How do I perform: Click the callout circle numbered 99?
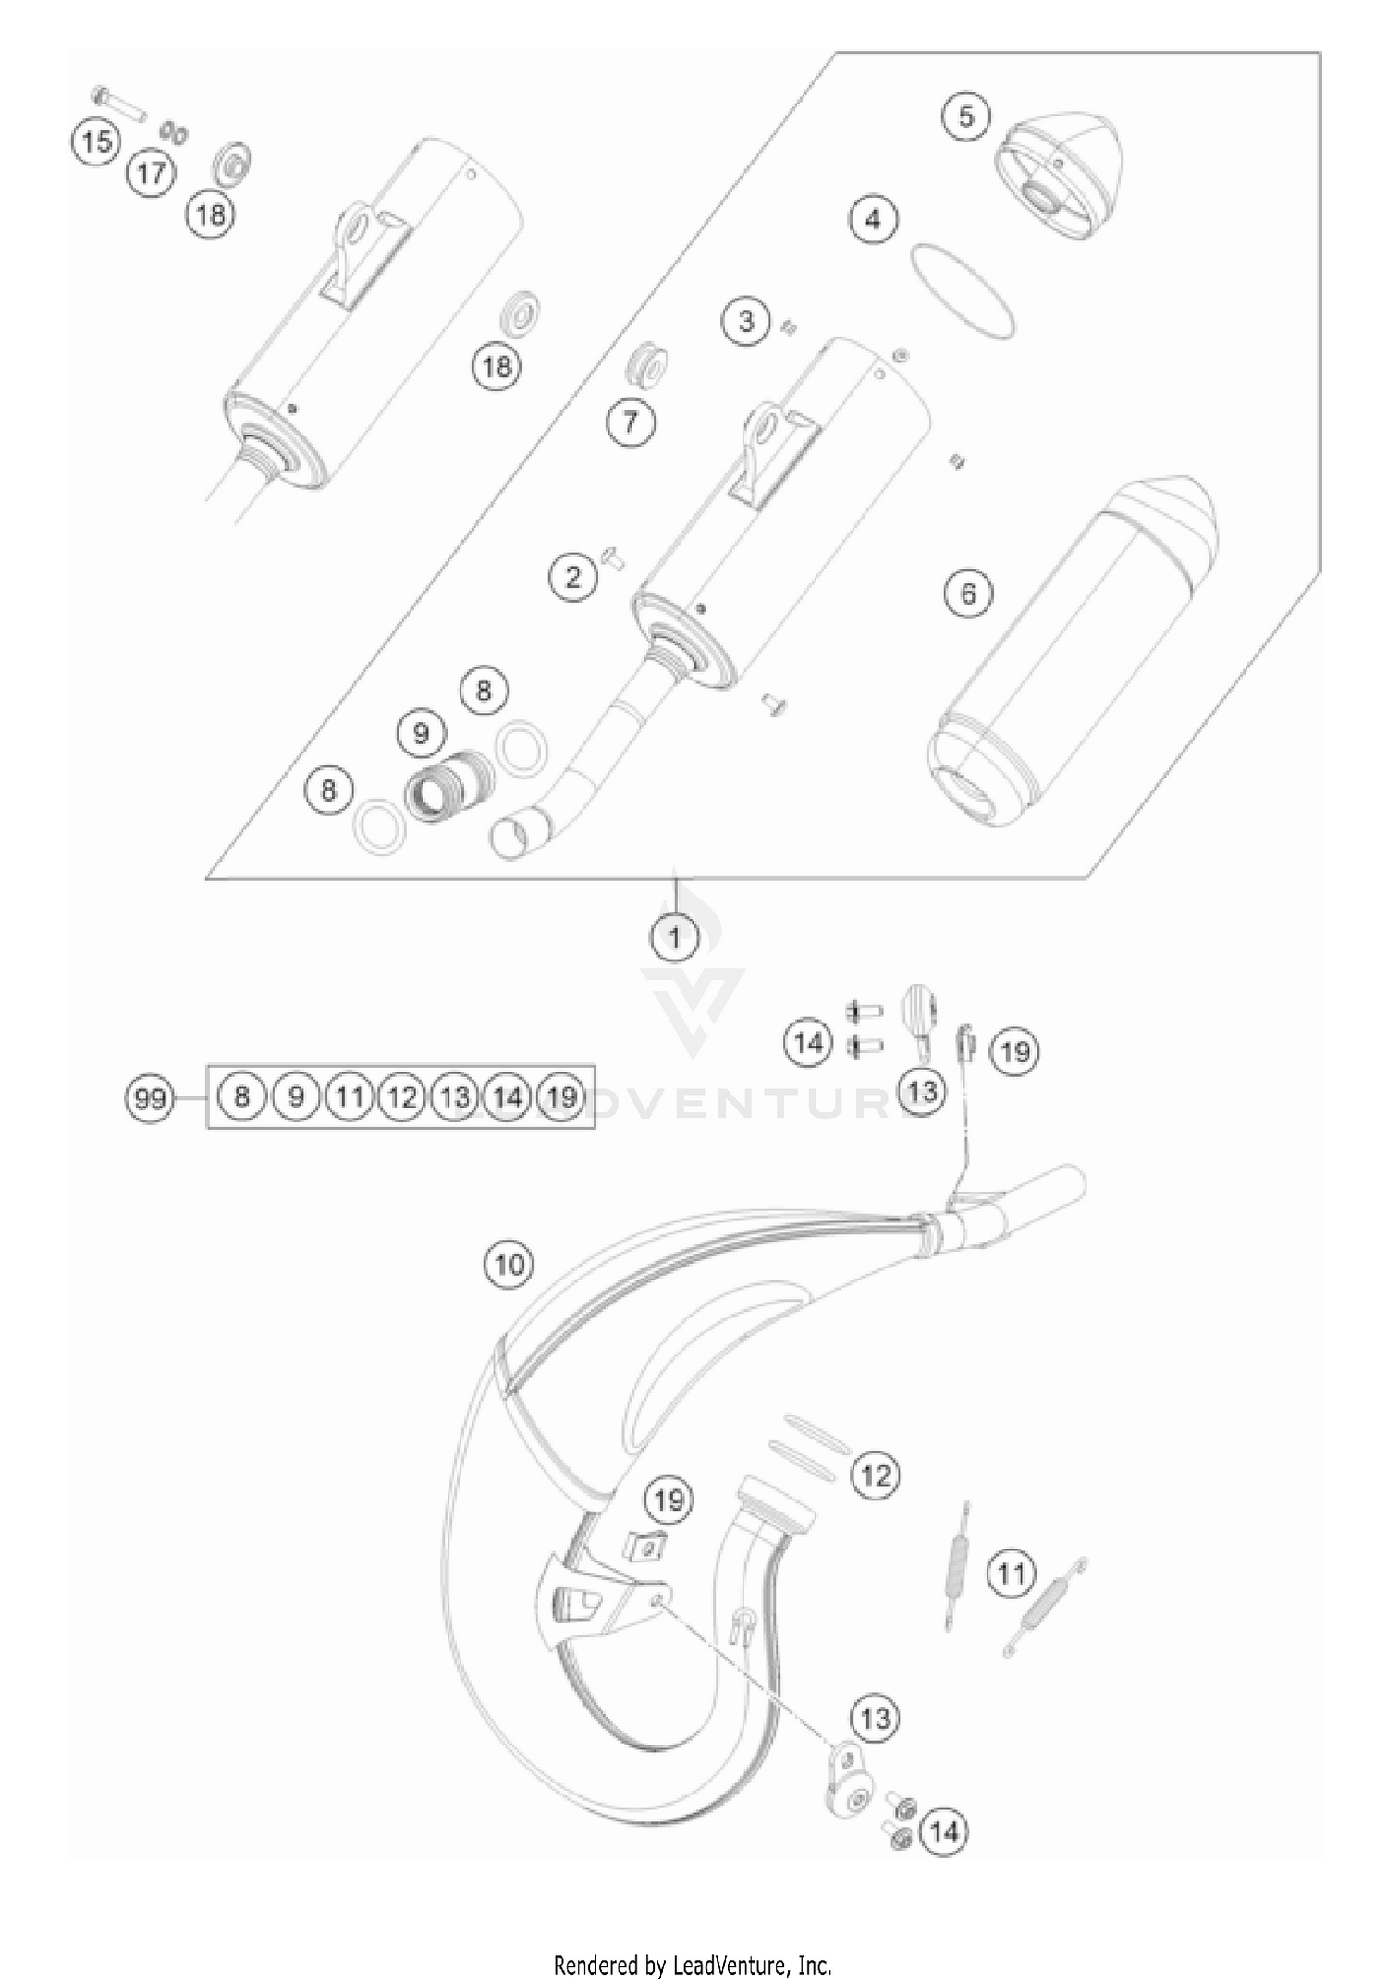click(x=150, y=1098)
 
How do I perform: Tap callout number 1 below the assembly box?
click(x=675, y=937)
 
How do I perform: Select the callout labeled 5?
click(x=966, y=116)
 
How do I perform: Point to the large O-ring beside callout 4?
click(x=963, y=290)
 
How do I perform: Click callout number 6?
click(x=968, y=593)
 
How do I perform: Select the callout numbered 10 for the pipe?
click(x=509, y=1263)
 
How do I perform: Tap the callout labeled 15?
click(x=96, y=142)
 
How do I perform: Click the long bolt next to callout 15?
click(x=120, y=104)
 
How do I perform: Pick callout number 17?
click(x=151, y=173)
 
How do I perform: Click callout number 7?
click(x=631, y=423)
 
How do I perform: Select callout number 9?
click(x=422, y=734)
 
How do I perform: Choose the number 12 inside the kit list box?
click(x=401, y=1097)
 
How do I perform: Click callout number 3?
click(x=746, y=322)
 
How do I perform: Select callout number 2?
click(x=573, y=577)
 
